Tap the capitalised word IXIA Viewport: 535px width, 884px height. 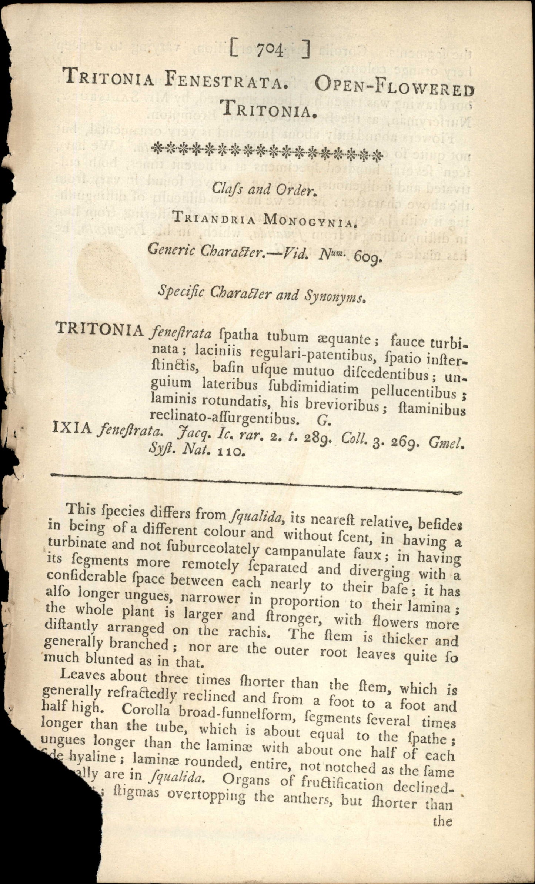click(72, 430)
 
